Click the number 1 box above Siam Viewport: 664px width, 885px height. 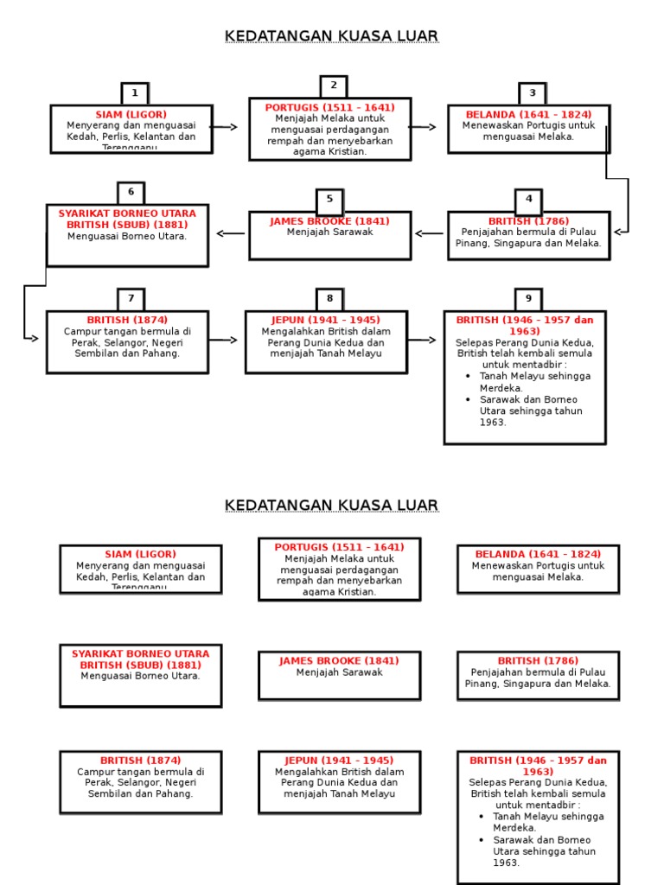pyautogui.click(x=134, y=93)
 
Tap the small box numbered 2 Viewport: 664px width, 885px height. pyautogui.click(x=333, y=86)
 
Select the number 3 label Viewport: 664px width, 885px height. pyautogui.click(x=533, y=93)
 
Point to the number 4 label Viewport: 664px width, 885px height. pyautogui.click(x=528, y=199)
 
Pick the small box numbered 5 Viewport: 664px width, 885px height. pyautogui.click(x=329, y=199)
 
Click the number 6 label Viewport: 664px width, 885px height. pyautogui.click(x=131, y=192)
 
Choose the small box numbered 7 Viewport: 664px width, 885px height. pyautogui.click(x=131, y=298)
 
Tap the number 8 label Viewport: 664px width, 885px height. pyautogui.click(x=329, y=298)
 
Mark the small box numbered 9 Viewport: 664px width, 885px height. pyautogui.click(x=528, y=298)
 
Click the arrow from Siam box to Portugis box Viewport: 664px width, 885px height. pyautogui.click(x=225, y=127)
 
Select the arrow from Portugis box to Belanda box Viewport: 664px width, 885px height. pyautogui.click(x=424, y=127)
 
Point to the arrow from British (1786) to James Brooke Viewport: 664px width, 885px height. pyautogui.click(x=430, y=232)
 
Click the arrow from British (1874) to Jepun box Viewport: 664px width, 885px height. pyautogui.click(x=224, y=340)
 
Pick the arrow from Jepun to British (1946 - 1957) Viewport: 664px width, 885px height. pyautogui.click(x=423, y=340)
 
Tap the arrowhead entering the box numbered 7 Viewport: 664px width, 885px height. pyautogui.click(x=35, y=338)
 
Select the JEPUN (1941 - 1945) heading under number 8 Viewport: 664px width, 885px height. pyautogui.click(x=326, y=320)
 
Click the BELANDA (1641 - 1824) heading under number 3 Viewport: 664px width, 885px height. pyautogui.click(x=528, y=115)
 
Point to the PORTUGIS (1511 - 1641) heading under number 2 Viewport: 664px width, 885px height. pyautogui.click(x=329, y=107)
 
